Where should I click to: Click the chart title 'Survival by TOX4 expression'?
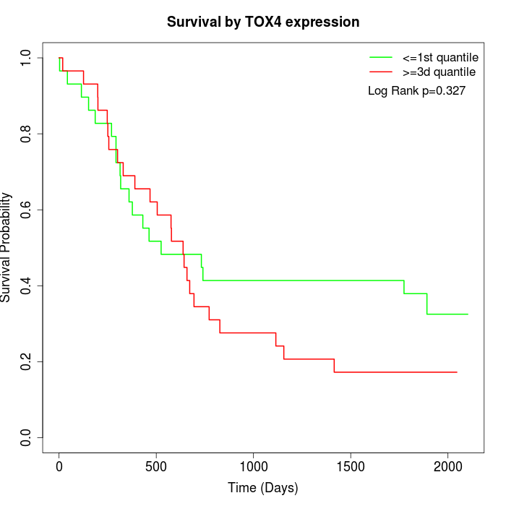click(263, 22)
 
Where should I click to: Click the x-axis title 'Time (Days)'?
click(263, 488)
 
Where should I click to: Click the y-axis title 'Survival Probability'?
click(7, 247)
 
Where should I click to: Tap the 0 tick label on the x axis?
click(59, 468)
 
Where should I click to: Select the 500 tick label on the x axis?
click(156, 468)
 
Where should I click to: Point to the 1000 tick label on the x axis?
click(254, 468)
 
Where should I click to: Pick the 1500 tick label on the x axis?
click(351, 468)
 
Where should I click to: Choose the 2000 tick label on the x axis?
click(448, 468)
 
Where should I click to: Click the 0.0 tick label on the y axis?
click(27, 437)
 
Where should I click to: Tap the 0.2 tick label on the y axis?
click(27, 361)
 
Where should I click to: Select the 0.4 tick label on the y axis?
click(27, 286)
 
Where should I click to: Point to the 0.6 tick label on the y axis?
click(27, 210)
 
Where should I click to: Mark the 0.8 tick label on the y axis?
click(27, 134)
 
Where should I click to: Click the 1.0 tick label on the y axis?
click(27, 58)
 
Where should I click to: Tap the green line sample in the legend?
click(381, 56)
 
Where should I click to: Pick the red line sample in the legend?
click(381, 72)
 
